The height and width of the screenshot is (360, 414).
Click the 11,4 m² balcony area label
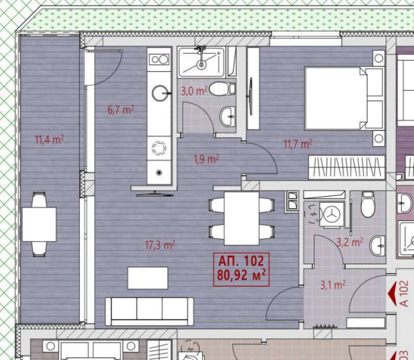[x=50, y=139]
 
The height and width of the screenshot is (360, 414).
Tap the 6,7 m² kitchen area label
[x=121, y=110]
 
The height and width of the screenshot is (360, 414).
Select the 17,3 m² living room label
[x=160, y=245]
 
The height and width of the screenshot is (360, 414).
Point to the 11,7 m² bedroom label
[x=298, y=144]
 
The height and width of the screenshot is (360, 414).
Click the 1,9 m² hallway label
[x=206, y=159]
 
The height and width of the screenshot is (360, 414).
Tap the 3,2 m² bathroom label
[x=350, y=242]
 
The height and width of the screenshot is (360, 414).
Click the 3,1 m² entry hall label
[x=333, y=285]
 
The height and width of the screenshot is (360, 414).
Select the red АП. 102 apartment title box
[x=241, y=269]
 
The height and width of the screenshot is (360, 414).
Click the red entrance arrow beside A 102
[x=393, y=293]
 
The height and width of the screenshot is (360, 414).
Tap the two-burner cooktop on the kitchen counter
[x=159, y=59]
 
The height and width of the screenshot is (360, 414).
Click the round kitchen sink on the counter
[x=160, y=93]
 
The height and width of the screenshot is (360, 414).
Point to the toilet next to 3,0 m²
[x=222, y=90]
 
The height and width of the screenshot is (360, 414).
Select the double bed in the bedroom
[x=344, y=98]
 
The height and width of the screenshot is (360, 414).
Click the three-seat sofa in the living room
[x=149, y=312]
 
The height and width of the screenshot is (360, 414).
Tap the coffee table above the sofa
[x=148, y=278]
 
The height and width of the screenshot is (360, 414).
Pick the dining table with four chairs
[x=241, y=218]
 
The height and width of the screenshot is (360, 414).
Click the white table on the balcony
[x=39, y=224]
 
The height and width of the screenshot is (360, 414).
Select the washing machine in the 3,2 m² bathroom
[x=332, y=214]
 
